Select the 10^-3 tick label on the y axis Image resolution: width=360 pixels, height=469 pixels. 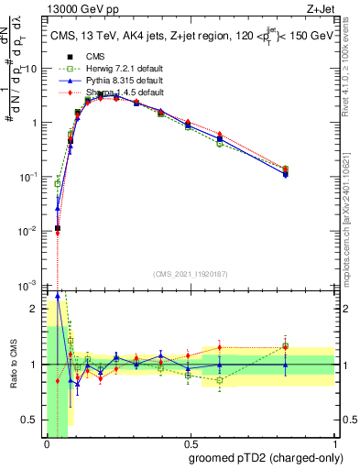(28, 286)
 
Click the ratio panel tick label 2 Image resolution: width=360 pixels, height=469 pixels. (36, 308)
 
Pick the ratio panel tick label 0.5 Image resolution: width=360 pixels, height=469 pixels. (30, 420)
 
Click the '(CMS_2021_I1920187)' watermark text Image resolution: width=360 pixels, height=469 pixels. (190, 273)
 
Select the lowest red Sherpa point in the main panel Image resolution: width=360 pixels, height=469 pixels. (57, 233)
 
